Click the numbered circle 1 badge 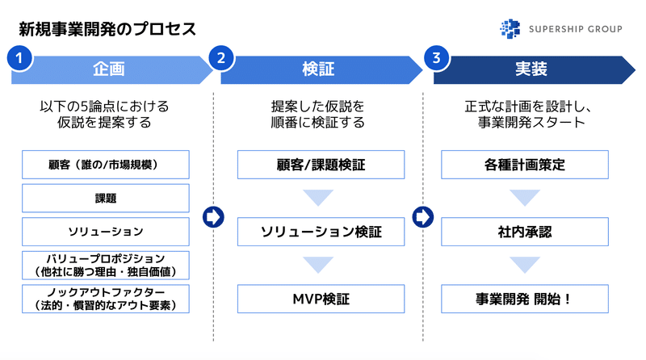(19, 58)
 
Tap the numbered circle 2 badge (221, 58)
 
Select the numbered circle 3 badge (436, 58)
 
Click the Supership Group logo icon (510, 29)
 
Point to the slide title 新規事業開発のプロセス (107, 29)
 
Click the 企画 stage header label (109, 69)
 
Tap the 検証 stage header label (318, 69)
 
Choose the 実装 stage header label (531, 69)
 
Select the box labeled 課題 (106, 198)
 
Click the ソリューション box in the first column (106, 232)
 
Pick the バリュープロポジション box (106, 266)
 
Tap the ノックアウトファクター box (106, 299)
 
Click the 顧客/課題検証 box (321, 165)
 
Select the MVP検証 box (321, 299)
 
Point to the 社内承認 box (525, 232)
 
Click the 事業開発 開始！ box (525, 299)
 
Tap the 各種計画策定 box (525, 165)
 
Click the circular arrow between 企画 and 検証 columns (213, 217)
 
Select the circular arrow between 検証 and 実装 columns (423, 217)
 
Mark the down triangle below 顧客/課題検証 (318, 196)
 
